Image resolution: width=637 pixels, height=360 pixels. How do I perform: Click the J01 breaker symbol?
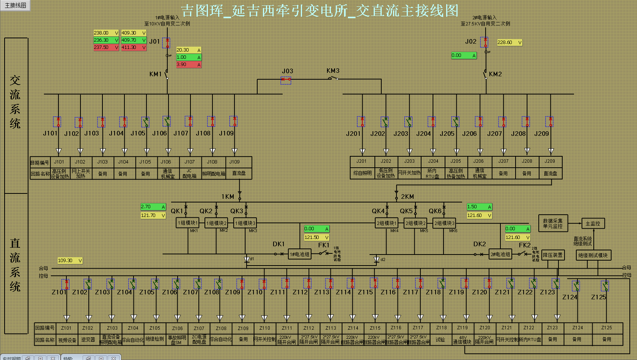pos(167,42)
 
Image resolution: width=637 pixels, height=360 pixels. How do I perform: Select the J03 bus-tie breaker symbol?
pos(286,80)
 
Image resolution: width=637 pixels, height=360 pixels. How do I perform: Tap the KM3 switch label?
pos(333,71)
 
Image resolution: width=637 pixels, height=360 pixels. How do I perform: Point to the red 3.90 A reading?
pos(188,64)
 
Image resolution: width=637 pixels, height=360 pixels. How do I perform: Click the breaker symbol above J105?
pos(146,122)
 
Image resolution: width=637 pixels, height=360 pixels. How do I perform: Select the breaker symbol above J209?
pos(549,121)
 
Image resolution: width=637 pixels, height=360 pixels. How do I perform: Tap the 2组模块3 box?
pos(444,223)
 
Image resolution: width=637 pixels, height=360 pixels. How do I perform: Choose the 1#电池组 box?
pos(300,254)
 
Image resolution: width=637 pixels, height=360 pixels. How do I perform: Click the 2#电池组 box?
pos(500,254)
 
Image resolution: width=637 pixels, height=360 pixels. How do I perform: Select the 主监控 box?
pos(593,223)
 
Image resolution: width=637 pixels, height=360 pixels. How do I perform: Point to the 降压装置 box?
pos(553,255)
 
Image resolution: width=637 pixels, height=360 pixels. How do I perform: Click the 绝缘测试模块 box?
pos(593,255)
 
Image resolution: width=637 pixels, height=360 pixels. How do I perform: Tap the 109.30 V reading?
pos(70,261)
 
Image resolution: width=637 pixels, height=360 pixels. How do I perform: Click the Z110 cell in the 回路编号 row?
pos(265,328)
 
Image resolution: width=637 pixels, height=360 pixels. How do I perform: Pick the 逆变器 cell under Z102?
pos(88,340)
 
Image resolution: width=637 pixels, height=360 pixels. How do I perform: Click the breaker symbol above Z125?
pos(605,286)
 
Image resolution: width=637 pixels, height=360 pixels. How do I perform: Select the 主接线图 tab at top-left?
pos(16,5)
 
